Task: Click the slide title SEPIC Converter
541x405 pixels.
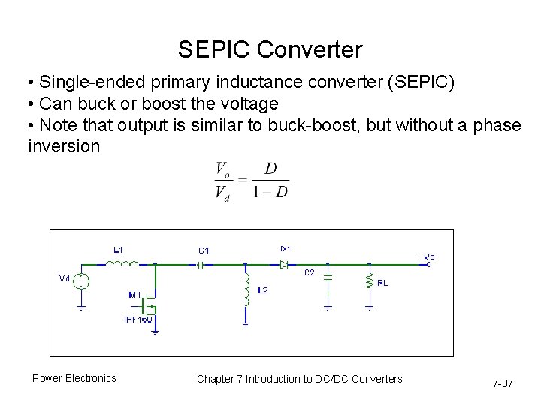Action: click(x=270, y=50)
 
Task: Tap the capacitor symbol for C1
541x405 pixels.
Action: click(x=201, y=264)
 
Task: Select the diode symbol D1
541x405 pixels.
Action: click(x=284, y=264)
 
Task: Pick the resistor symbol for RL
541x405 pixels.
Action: click(x=370, y=281)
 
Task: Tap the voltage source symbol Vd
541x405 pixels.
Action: click(x=81, y=281)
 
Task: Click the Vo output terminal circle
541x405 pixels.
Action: click(x=428, y=264)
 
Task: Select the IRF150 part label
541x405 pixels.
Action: click(x=138, y=319)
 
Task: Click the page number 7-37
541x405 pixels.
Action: click(x=502, y=383)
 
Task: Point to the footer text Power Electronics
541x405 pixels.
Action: click(x=74, y=378)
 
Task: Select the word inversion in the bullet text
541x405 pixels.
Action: click(x=63, y=145)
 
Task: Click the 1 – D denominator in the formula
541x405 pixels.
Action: click(x=270, y=191)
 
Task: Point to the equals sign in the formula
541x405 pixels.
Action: click(x=242, y=180)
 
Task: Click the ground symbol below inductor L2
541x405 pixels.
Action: click(x=246, y=322)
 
